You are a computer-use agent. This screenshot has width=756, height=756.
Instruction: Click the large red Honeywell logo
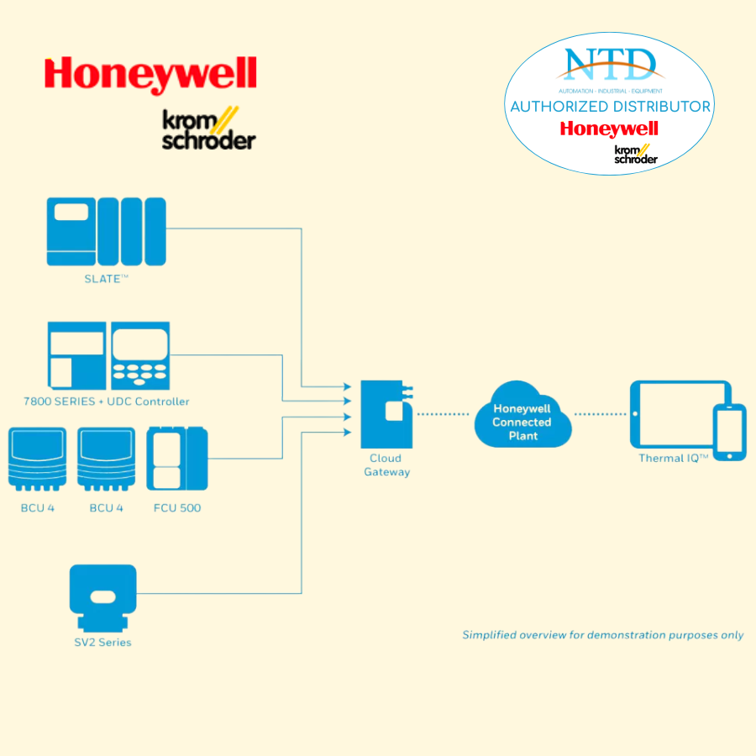click(x=150, y=75)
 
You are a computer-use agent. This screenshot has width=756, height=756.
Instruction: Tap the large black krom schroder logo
click(x=208, y=129)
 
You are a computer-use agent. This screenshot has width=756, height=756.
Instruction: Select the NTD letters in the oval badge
click(x=611, y=65)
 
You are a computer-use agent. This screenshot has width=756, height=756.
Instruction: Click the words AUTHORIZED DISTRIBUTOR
click(x=611, y=107)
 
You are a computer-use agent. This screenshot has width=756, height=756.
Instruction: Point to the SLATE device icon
click(x=106, y=231)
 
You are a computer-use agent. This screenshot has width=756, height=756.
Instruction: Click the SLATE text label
click(x=106, y=279)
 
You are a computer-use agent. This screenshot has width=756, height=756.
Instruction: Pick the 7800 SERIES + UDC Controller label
click(x=107, y=402)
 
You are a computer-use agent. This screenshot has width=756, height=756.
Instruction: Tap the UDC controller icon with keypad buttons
click(x=140, y=354)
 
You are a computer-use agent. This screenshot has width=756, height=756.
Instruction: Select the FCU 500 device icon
click(x=176, y=459)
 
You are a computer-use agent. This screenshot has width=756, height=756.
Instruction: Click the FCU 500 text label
click(x=177, y=507)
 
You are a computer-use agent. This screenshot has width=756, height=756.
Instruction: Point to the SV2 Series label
click(x=102, y=643)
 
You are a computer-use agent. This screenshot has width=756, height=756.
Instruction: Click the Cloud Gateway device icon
click(x=386, y=413)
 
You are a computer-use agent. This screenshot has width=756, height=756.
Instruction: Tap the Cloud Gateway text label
click(x=386, y=465)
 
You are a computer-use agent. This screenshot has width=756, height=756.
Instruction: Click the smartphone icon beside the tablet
click(x=729, y=432)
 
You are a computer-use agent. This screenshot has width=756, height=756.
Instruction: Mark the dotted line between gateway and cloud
click(x=443, y=414)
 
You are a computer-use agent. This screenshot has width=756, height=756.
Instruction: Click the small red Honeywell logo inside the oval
click(x=609, y=129)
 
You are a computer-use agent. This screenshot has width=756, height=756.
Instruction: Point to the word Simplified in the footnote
click(x=489, y=635)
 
